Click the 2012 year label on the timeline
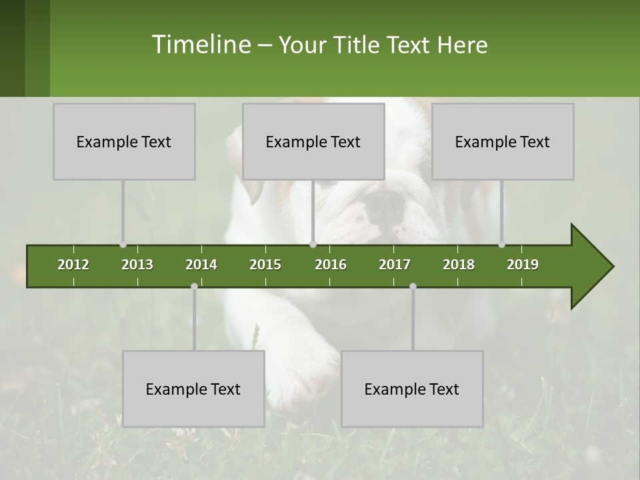click(x=73, y=265)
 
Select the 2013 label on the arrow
click(x=137, y=265)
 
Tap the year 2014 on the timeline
click(x=201, y=265)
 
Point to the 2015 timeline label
click(x=265, y=265)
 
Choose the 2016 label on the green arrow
click(x=331, y=265)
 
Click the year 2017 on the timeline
click(x=395, y=265)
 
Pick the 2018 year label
click(x=459, y=265)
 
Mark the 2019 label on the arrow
click(x=523, y=265)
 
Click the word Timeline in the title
click(x=200, y=45)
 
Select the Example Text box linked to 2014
click(x=193, y=389)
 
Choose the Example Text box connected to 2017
click(x=412, y=389)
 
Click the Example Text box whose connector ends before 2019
click(x=503, y=141)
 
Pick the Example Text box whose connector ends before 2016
click(x=313, y=141)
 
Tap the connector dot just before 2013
click(x=123, y=244)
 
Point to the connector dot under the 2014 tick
click(x=194, y=286)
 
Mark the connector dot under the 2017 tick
click(x=413, y=286)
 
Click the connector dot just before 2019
click(x=501, y=244)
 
